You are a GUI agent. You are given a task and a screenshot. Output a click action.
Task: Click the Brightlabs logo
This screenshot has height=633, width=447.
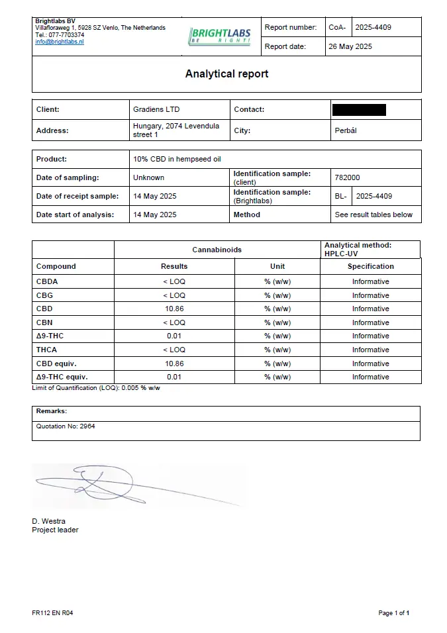(x=220, y=36)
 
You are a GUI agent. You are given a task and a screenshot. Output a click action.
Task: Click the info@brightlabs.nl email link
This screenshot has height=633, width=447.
(x=60, y=42)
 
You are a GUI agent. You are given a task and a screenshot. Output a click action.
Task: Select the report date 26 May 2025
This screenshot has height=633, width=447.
(x=350, y=46)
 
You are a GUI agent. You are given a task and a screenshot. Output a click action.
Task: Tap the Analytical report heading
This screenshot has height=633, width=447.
(x=226, y=74)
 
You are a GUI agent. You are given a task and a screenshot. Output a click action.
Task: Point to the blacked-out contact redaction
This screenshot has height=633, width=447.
(x=359, y=110)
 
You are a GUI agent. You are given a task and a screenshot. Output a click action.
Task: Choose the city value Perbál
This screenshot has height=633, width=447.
(x=346, y=130)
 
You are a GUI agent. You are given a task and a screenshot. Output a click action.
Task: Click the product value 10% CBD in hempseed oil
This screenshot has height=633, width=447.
(x=175, y=160)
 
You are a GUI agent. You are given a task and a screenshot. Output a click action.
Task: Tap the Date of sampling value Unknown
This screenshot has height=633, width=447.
(x=149, y=177)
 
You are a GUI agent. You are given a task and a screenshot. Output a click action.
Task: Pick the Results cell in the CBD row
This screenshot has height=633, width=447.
(x=174, y=309)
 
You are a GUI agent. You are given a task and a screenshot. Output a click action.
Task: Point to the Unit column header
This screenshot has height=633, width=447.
(x=277, y=266)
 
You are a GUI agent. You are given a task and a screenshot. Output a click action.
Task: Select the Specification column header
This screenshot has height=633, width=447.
(x=370, y=266)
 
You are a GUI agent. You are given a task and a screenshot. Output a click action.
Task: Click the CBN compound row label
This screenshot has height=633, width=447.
(x=44, y=322)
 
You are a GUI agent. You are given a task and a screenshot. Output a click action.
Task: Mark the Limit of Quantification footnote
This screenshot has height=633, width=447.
(x=96, y=388)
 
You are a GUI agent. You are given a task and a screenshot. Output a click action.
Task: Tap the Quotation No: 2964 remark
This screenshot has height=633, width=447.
(x=66, y=426)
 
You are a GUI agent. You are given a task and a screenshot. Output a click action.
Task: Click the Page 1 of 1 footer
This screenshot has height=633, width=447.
(x=393, y=613)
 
